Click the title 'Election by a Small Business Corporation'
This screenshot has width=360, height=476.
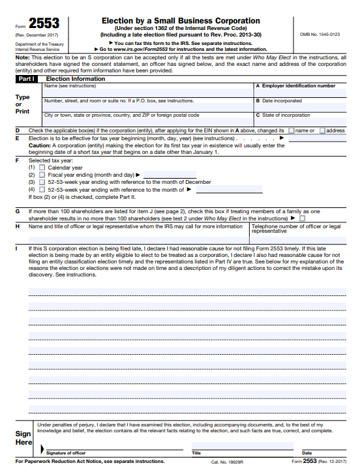[181, 21]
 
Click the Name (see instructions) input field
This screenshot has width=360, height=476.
[147, 93]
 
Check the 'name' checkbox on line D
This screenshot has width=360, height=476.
[292, 130]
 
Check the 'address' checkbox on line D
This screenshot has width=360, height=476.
[322, 130]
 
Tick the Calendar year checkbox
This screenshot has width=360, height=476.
[42, 168]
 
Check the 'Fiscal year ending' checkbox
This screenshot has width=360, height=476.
[42, 175]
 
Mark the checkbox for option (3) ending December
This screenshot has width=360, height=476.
[42, 182]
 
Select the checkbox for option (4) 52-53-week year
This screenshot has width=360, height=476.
[42, 189]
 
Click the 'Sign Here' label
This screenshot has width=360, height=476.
[23, 438]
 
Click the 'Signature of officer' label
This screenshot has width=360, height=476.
[65, 453]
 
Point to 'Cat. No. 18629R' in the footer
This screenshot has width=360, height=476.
[227, 461]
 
